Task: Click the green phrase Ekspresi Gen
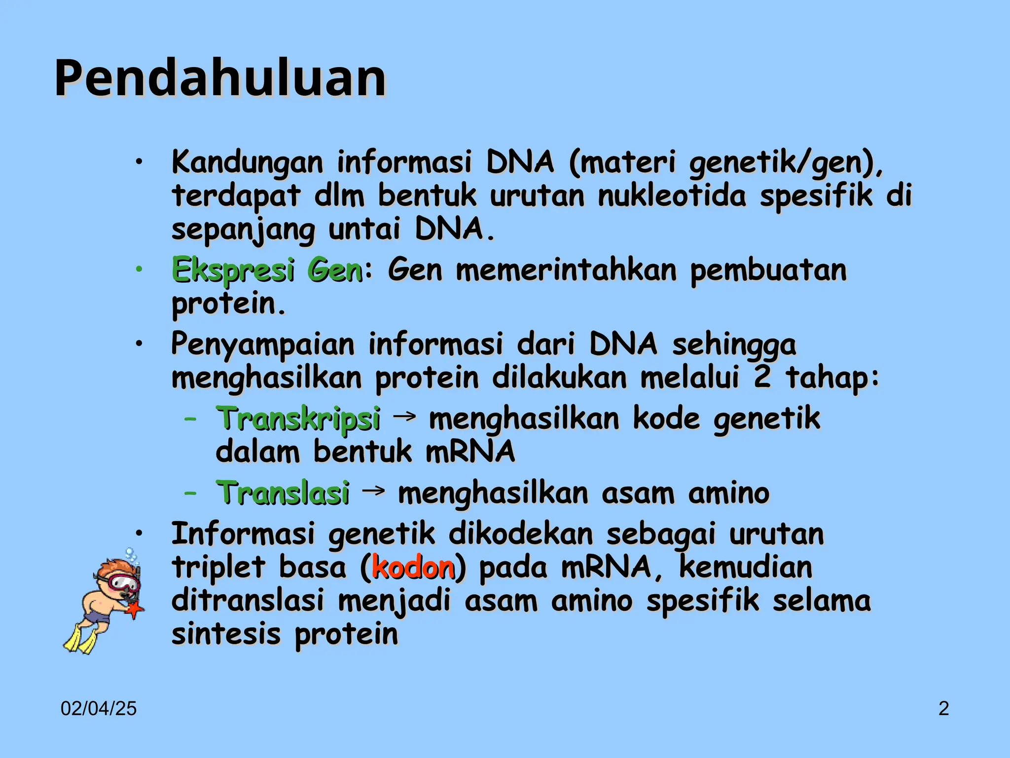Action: (267, 270)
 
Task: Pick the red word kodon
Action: (413, 568)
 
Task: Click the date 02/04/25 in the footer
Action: (99, 709)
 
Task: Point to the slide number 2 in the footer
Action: (943, 709)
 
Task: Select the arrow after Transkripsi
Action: (404, 417)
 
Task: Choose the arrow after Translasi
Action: (374, 491)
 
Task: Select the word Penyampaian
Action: (262, 344)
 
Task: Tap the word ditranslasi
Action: (247, 601)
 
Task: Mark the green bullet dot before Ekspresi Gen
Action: (140, 269)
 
